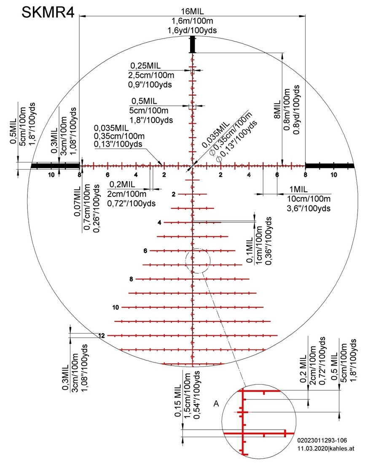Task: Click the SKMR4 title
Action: [x=48, y=13]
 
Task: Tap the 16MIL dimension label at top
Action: [x=192, y=11]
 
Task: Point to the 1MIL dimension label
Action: [x=298, y=189]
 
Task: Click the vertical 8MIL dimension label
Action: [x=278, y=110]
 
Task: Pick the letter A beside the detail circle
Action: [x=216, y=404]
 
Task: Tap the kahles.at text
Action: [x=342, y=449]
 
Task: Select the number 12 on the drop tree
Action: [x=102, y=336]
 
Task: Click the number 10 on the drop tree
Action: [x=115, y=307]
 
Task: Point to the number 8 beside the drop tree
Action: [x=132, y=279]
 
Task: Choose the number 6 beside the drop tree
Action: [x=145, y=251]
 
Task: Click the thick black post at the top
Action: [x=192, y=44]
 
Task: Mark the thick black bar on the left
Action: [x=55, y=166]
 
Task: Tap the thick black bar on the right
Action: [x=330, y=166]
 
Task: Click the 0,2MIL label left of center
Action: [x=122, y=185]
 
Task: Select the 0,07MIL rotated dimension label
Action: [x=78, y=202]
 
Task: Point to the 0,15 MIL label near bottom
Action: [x=177, y=401]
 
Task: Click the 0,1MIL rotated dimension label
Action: [x=250, y=250]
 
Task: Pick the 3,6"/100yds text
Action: [x=309, y=208]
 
